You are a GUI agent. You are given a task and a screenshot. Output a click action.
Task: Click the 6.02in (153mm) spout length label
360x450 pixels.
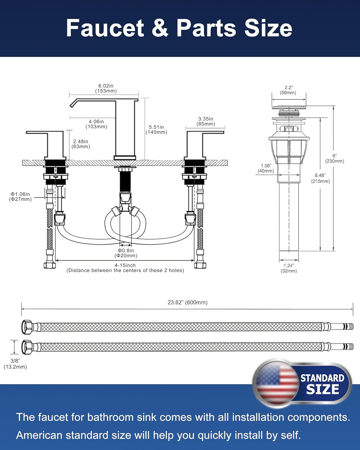(106, 88)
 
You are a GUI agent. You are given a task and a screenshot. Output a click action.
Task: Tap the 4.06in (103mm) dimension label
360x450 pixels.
(96, 124)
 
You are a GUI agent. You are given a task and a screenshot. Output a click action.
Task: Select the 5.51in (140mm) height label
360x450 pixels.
(156, 130)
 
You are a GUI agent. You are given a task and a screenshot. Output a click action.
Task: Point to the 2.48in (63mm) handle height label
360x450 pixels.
(81, 144)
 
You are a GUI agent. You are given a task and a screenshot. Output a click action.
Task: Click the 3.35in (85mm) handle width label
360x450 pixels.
(206, 121)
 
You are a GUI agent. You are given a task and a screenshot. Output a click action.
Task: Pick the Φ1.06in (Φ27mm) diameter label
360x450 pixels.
(20, 197)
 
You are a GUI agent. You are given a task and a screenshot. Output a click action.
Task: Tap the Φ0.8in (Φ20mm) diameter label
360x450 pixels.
(126, 253)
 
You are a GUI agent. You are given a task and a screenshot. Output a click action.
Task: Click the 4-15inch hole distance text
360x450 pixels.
(125, 268)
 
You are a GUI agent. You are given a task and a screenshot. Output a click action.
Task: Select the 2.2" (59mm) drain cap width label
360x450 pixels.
(288, 90)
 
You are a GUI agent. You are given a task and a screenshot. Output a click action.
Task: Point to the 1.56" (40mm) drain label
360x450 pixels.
(266, 168)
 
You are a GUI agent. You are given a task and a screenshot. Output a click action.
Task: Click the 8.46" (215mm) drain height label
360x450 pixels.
(320, 178)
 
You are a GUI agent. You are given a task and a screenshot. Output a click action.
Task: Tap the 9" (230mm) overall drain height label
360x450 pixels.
(334, 158)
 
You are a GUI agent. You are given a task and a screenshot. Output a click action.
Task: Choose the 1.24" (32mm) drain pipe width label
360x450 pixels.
(289, 268)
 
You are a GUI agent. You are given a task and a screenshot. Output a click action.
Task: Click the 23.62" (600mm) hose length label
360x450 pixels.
(187, 302)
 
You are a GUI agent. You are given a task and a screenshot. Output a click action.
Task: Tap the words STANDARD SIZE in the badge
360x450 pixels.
(322, 384)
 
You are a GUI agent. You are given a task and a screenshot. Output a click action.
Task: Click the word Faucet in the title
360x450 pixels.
(105, 28)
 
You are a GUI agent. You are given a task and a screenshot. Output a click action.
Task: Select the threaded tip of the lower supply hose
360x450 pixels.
(348, 347)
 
